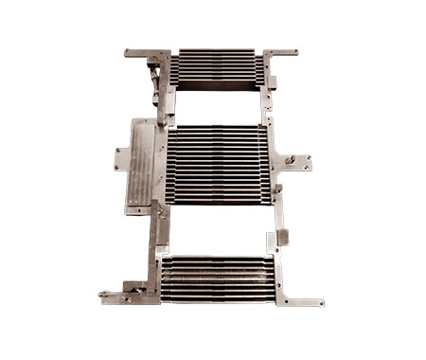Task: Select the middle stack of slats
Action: [218, 163]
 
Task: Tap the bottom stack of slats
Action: [218, 278]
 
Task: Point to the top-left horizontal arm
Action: [144, 53]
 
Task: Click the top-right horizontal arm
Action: [281, 53]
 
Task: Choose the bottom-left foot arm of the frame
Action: [128, 297]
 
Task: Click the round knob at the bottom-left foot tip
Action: [103, 296]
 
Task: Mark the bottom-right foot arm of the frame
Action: [303, 300]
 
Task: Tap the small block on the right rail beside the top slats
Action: [273, 81]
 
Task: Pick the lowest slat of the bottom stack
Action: [218, 297]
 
